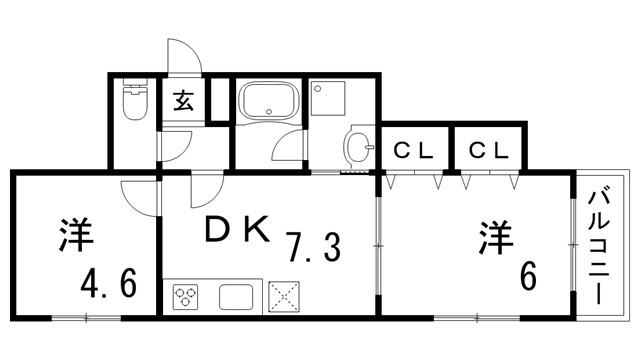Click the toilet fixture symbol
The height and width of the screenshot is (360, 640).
coord(133,101)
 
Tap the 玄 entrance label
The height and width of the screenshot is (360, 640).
coord(184,100)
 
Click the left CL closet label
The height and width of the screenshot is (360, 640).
coord(412,151)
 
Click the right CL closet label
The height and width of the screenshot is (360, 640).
coord(489,151)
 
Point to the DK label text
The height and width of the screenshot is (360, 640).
coord(236,231)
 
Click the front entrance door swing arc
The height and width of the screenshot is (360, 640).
coord(186,55)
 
